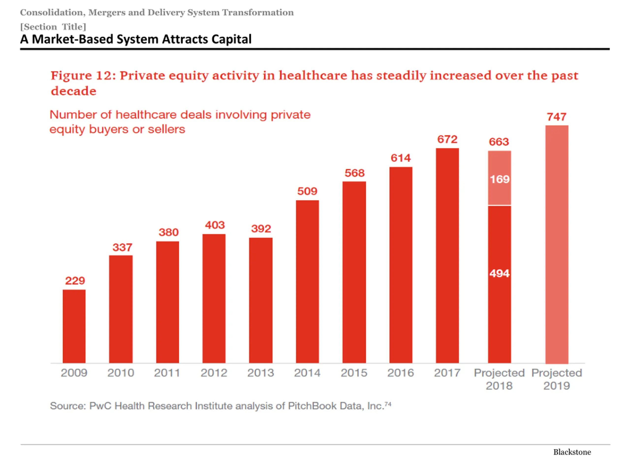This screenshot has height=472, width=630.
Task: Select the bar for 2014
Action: tap(307, 281)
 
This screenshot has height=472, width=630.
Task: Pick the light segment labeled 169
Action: tap(499, 178)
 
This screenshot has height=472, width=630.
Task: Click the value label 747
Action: tap(556, 117)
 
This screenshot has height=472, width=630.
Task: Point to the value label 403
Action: tap(215, 225)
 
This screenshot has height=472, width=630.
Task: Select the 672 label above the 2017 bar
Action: tap(447, 139)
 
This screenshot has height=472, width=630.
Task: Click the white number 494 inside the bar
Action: tap(499, 273)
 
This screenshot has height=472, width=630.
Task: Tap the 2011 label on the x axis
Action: tap(167, 373)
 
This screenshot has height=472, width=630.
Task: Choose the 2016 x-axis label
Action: tap(400, 373)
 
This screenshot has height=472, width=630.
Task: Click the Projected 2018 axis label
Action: tap(499, 379)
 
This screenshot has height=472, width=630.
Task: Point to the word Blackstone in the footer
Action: tap(572, 452)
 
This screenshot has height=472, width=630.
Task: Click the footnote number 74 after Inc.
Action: tap(388, 404)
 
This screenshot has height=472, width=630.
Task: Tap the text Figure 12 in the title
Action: tap(83, 76)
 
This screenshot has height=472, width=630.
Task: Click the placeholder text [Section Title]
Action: tap(53, 27)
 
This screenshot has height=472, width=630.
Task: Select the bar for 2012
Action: tap(214, 298)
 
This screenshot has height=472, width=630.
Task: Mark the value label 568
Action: tap(354, 173)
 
